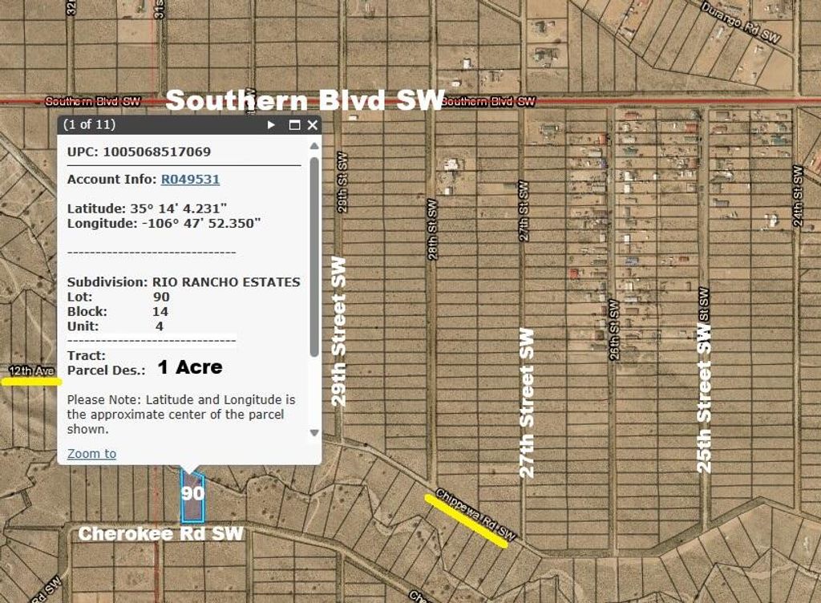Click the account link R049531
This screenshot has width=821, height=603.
coord(190,180)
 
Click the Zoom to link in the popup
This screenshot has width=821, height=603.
coord(91,454)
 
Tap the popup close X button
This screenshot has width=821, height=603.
coord(313,125)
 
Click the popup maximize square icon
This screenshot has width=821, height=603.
coord(294,125)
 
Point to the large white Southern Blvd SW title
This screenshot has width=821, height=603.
coord(304,100)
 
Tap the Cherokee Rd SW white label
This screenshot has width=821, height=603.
coord(160,534)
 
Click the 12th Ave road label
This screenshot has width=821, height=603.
coord(31,370)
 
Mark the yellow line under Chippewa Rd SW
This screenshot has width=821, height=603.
coord(466,521)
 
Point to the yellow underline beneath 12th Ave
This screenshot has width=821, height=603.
coord(31,382)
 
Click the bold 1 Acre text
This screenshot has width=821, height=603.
coord(189,368)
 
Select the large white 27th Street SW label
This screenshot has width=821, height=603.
coord(527,403)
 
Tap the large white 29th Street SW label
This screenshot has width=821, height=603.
coord(339,331)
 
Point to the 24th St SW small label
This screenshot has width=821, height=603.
coord(798,196)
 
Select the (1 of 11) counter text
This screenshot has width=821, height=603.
coord(89,125)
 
